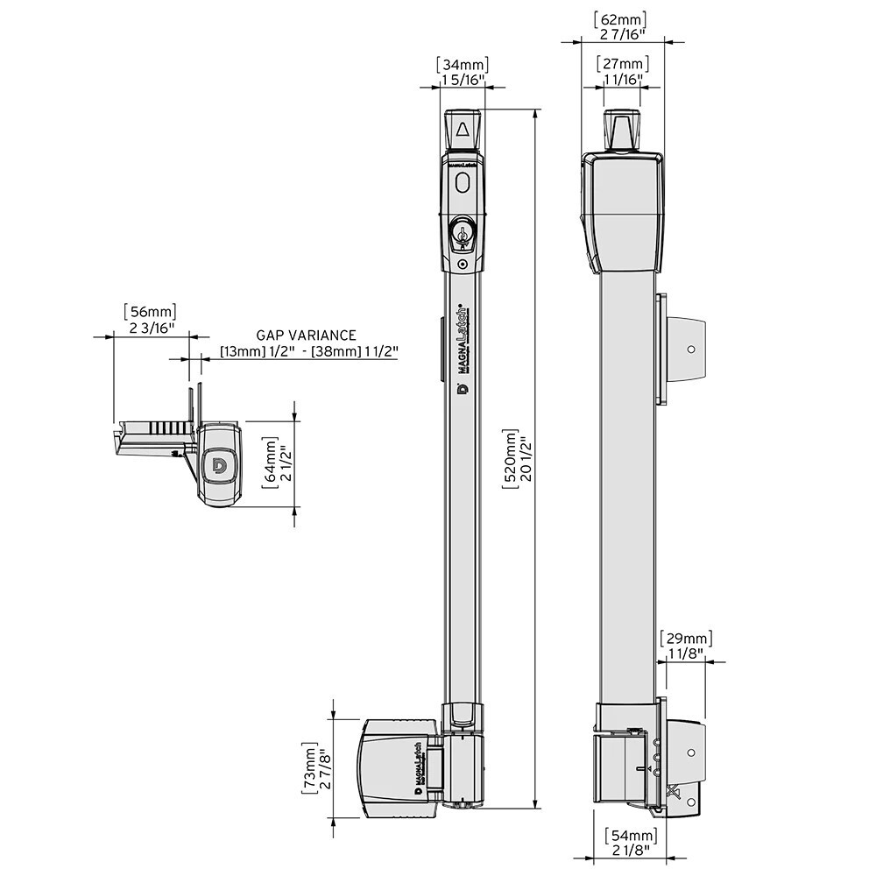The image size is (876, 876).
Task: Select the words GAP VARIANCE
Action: (x=306, y=335)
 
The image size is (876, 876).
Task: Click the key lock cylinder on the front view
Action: (x=462, y=235)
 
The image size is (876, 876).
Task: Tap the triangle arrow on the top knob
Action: (x=462, y=132)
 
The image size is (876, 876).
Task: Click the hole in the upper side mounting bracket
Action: (x=691, y=348)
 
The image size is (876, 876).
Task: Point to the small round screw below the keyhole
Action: (x=462, y=264)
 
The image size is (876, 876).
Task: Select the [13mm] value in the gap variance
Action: (x=238, y=352)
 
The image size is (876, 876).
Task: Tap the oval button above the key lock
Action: (x=462, y=183)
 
